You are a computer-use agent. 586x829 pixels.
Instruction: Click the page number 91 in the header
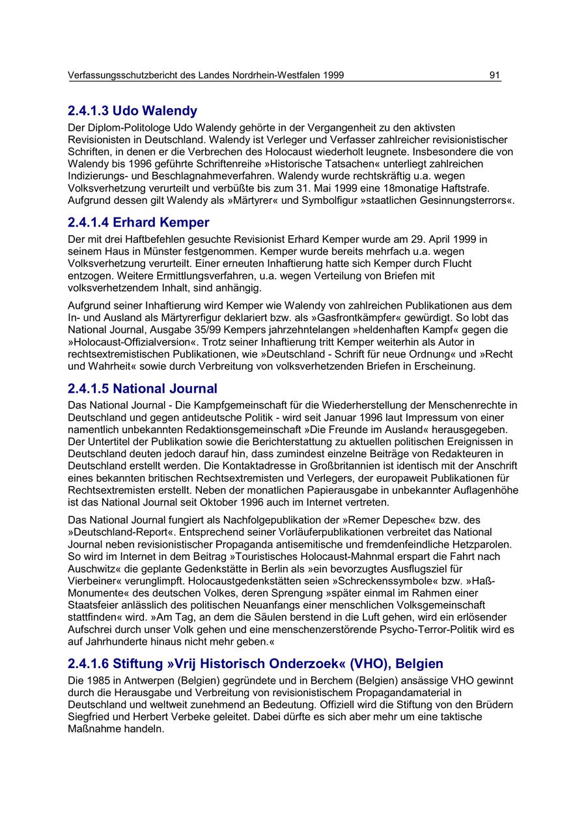click(495, 76)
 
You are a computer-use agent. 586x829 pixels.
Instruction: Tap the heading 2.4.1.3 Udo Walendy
click(132, 111)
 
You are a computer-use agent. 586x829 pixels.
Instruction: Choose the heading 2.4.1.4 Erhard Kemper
click(139, 223)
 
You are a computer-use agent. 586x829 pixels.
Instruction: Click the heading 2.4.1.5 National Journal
click(143, 389)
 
